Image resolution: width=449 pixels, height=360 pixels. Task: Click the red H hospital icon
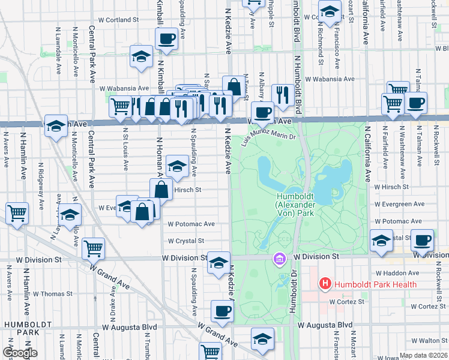(325, 283)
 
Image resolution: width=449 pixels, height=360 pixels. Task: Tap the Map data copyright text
(422, 355)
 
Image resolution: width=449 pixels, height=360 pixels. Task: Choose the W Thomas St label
(52, 294)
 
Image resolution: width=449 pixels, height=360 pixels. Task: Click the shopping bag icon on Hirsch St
(161, 189)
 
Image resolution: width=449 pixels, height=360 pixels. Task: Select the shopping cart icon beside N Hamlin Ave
(16, 213)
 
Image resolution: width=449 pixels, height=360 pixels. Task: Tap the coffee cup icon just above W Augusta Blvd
(222, 311)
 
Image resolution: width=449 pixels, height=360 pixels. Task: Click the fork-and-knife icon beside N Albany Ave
(282, 94)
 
